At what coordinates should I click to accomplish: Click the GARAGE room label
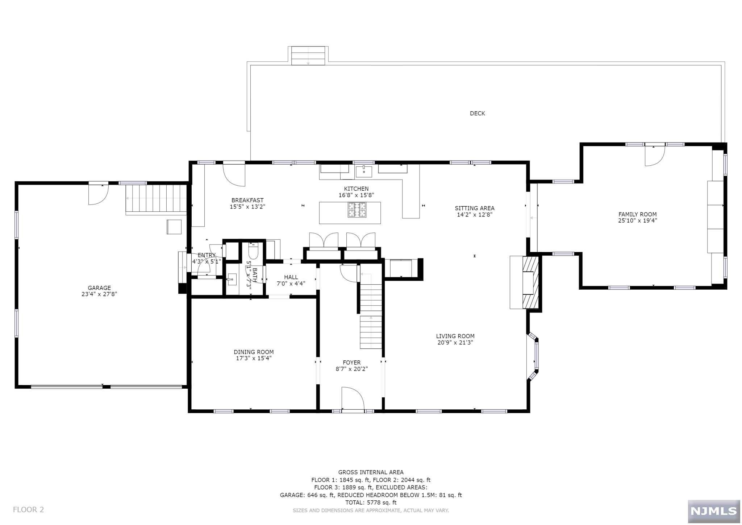pyautogui.click(x=99, y=288)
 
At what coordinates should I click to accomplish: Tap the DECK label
pyautogui.click(x=477, y=113)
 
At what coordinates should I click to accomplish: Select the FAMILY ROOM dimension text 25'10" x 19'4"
pyautogui.click(x=637, y=220)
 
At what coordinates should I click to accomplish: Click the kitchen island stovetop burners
pyautogui.click(x=357, y=210)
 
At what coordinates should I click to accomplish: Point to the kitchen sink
pyautogui.click(x=364, y=171)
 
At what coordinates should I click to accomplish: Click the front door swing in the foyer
pyautogui.click(x=353, y=398)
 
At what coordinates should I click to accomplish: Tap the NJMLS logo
pyautogui.click(x=714, y=511)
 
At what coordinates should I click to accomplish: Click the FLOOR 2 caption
pyautogui.click(x=28, y=510)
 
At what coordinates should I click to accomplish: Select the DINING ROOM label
pyautogui.click(x=254, y=352)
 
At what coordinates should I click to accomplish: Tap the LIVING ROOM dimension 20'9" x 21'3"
pyautogui.click(x=455, y=343)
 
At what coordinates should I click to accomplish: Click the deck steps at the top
pyautogui.click(x=308, y=56)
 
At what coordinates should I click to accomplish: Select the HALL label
pyautogui.click(x=291, y=277)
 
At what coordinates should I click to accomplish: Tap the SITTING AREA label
pyautogui.click(x=475, y=208)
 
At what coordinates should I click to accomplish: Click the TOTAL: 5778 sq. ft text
pyautogui.click(x=371, y=503)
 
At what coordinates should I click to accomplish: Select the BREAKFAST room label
pyautogui.click(x=247, y=200)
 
